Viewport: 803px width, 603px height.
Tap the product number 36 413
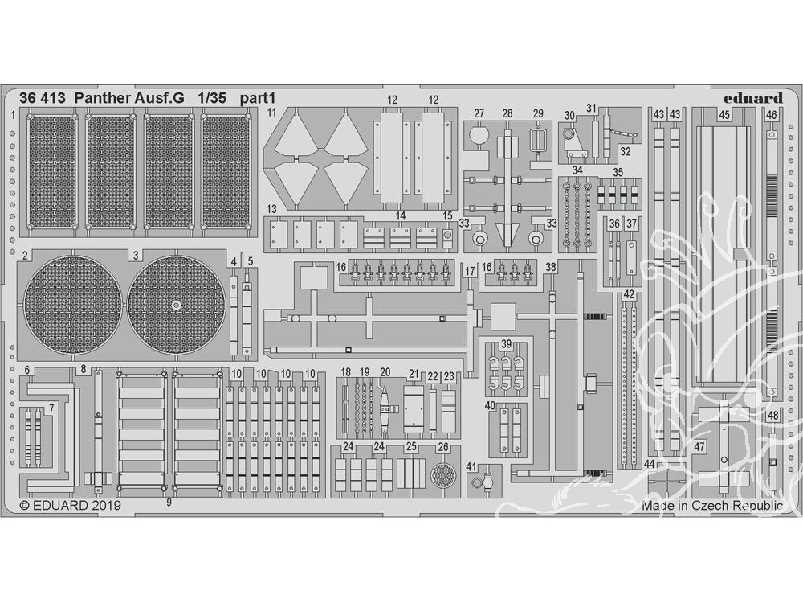click(x=43, y=98)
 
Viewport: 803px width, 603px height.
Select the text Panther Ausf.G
click(x=129, y=98)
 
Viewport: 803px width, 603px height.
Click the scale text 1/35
click(x=212, y=98)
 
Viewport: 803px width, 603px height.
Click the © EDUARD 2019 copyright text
click(x=70, y=505)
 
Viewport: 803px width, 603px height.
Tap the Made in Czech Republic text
click(x=711, y=505)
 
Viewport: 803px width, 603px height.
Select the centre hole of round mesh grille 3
click(x=176, y=305)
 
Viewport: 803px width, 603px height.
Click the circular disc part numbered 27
click(x=479, y=136)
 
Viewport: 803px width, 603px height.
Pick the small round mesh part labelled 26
click(x=442, y=475)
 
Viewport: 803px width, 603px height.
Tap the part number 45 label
click(x=724, y=116)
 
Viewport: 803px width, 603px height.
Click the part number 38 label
click(x=551, y=267)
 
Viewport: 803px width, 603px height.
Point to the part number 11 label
click(x=271, y=112)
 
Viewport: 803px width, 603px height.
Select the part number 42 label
click(x=629, y=295)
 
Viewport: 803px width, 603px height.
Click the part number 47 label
click(x=699, y=446)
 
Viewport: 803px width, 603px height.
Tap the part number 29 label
click(x=538, y=113)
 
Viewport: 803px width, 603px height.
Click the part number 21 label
click(x=414, y=375)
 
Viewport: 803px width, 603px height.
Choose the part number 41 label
click(x=471, y=466)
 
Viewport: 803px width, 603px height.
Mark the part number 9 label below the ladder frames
click(x=169, y=503)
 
